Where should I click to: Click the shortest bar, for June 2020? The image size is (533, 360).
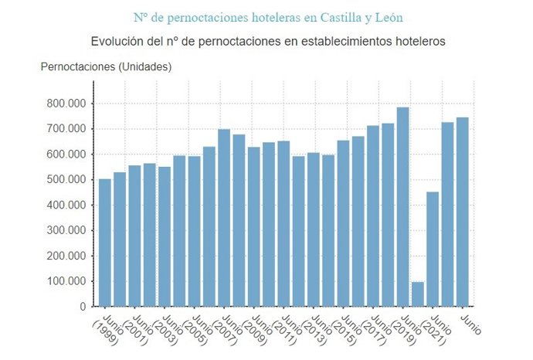tap(417, 294)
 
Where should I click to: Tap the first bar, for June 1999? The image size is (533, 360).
tap(104, 243)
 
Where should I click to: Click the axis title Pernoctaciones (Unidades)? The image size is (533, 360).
tap(106, 66)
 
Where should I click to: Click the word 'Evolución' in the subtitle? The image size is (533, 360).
tap(117, 41)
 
